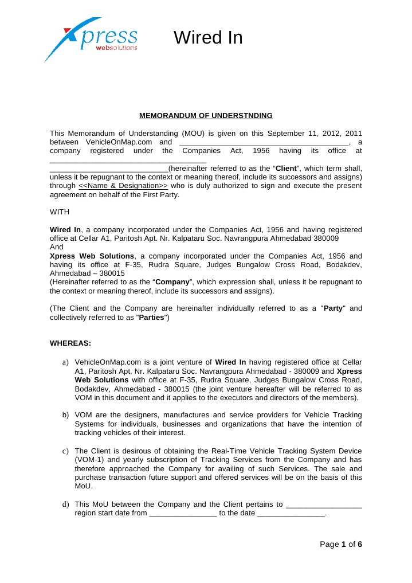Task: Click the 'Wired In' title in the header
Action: [x=208, y=38]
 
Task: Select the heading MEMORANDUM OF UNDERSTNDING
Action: [x=206, y=115]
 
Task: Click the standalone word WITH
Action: [x=60, y=212]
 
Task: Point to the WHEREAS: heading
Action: [x=70, y=343]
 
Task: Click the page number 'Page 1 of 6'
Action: [x=340, y=544]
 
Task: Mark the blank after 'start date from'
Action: [x=183, y=514]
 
